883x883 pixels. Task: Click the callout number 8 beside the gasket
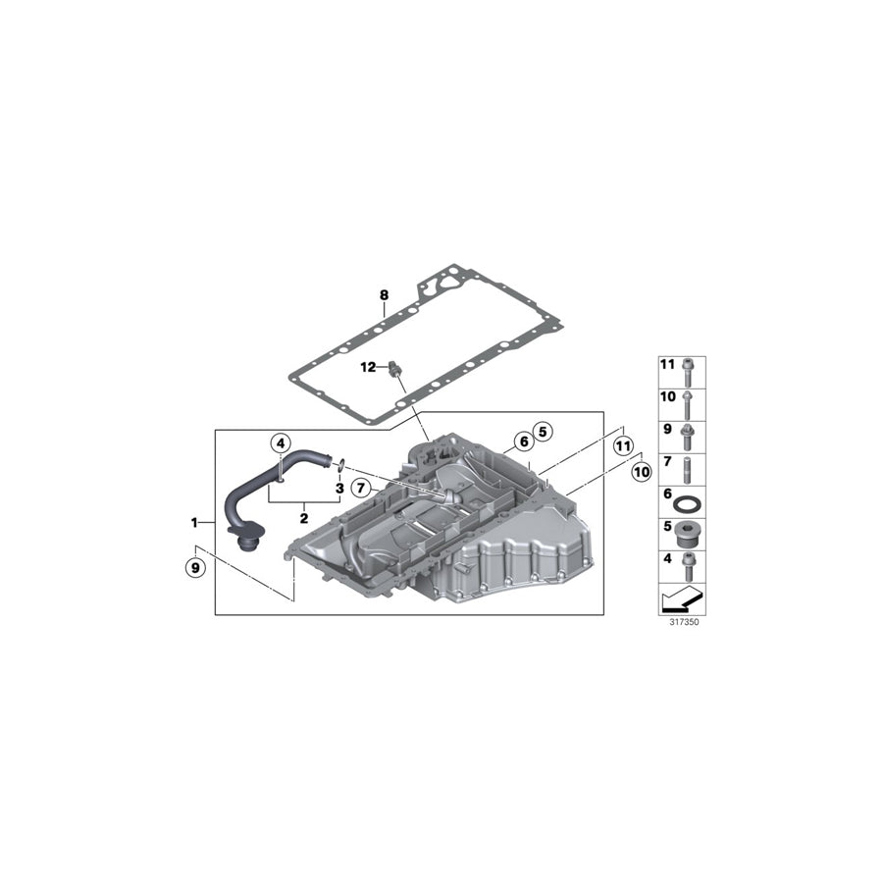coord(385,294)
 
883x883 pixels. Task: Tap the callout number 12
coord(368,368)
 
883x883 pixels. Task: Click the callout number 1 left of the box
coord(194,521)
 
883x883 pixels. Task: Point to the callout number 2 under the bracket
coord(304,518)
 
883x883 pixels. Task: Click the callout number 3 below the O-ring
coord(338,488)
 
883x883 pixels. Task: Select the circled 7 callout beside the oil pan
coord(361,488)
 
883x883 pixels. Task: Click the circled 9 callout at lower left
coord(195,566)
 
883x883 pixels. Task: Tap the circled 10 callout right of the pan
coord(642,472)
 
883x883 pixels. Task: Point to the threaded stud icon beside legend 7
coord(690,465)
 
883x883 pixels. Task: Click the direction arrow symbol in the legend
coord(683,597)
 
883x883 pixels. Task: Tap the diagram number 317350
coord(683,622)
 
